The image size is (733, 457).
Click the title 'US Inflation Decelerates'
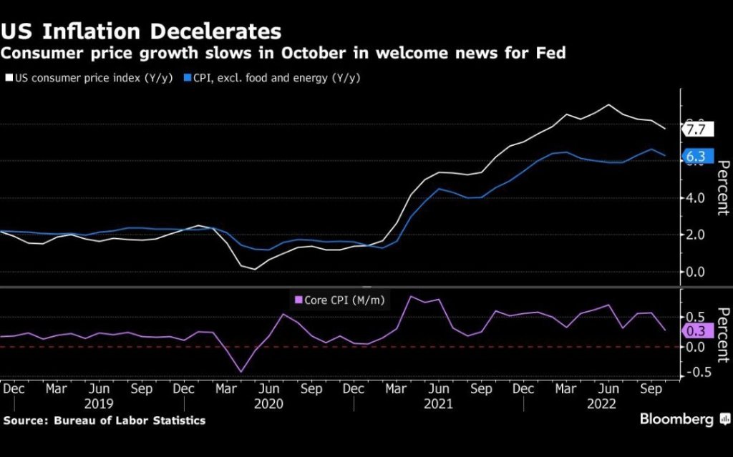pyautogui.click(x=142, y=31)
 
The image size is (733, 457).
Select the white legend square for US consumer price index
pyautogui.click(x=9, y=77)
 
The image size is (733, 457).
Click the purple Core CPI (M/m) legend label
pyautogui.click(x=339, y=300)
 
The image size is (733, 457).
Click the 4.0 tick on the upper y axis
pyautogui.click(x=697, y=198)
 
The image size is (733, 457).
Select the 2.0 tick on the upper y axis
pyautogui.click(x=697, y=235)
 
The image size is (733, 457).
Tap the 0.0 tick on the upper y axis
pyautogui.click(x=697, y=272)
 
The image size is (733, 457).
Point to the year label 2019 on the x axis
pyautogui.click(x=99, y=403)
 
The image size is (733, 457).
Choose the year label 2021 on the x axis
pyautogui.click(x=438, y=403)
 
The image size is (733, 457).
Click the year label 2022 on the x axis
pyautogui.click(x=608, y=403)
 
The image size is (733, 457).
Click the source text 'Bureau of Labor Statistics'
pyautogui.click(x=130, y=421)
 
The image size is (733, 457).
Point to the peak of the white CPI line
pyautogui.click(x=608, y=105)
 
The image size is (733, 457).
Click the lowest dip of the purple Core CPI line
pyautogui.click(x=241, y=372)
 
